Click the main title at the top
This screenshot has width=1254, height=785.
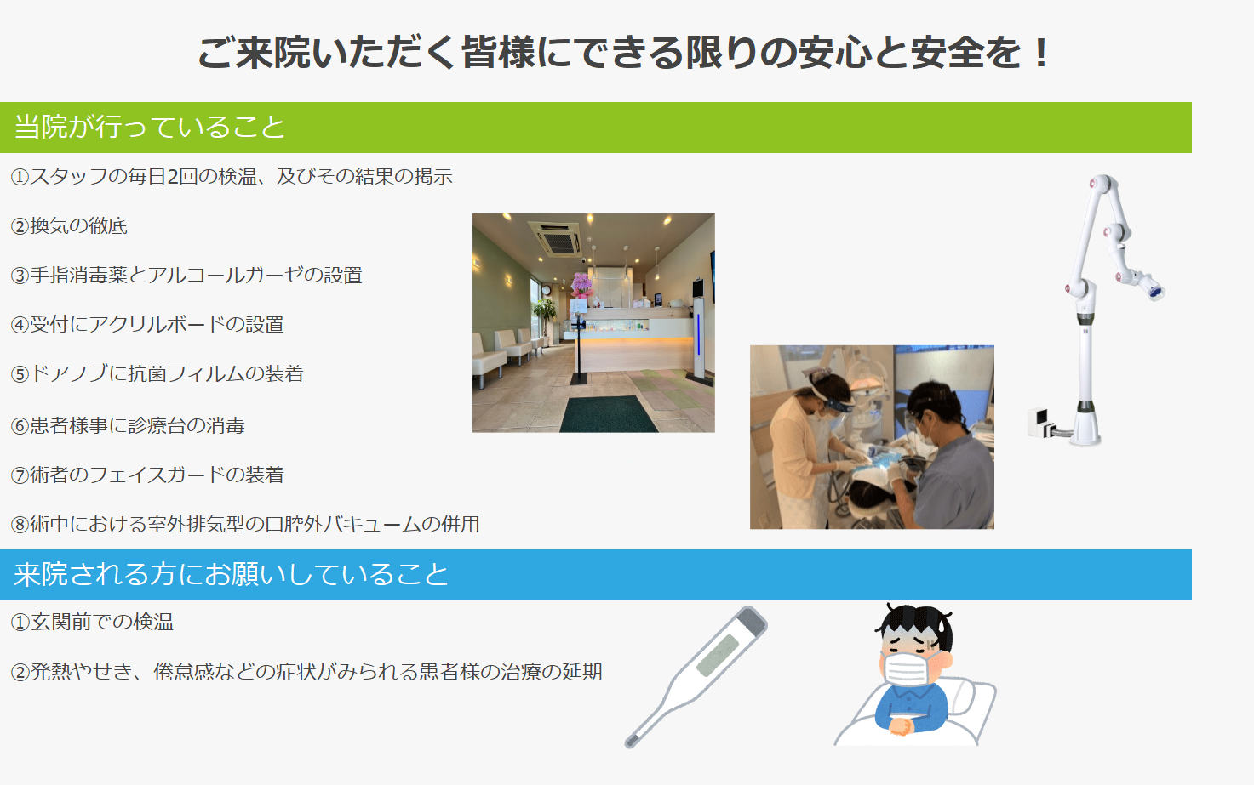pos(624,53)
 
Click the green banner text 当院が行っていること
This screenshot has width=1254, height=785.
pos(150,127)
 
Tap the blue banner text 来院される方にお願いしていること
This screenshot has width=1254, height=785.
pos(232,574)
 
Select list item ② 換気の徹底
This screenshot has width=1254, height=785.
pos(70,226)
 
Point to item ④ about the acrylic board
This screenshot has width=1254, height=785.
pos(148,324)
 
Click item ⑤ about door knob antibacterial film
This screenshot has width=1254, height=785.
pos(157,373)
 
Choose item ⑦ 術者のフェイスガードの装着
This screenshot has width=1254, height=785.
pos(148,475)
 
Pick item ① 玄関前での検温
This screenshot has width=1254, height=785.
pos(93,622)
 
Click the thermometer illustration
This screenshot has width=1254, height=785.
pos(696,676)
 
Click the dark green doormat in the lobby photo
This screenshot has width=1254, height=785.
pos(608,414)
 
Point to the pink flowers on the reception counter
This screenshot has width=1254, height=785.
pos(581,285)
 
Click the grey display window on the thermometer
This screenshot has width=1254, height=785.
pos(719,654)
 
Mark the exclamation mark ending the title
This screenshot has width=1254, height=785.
pos(1041,53)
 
